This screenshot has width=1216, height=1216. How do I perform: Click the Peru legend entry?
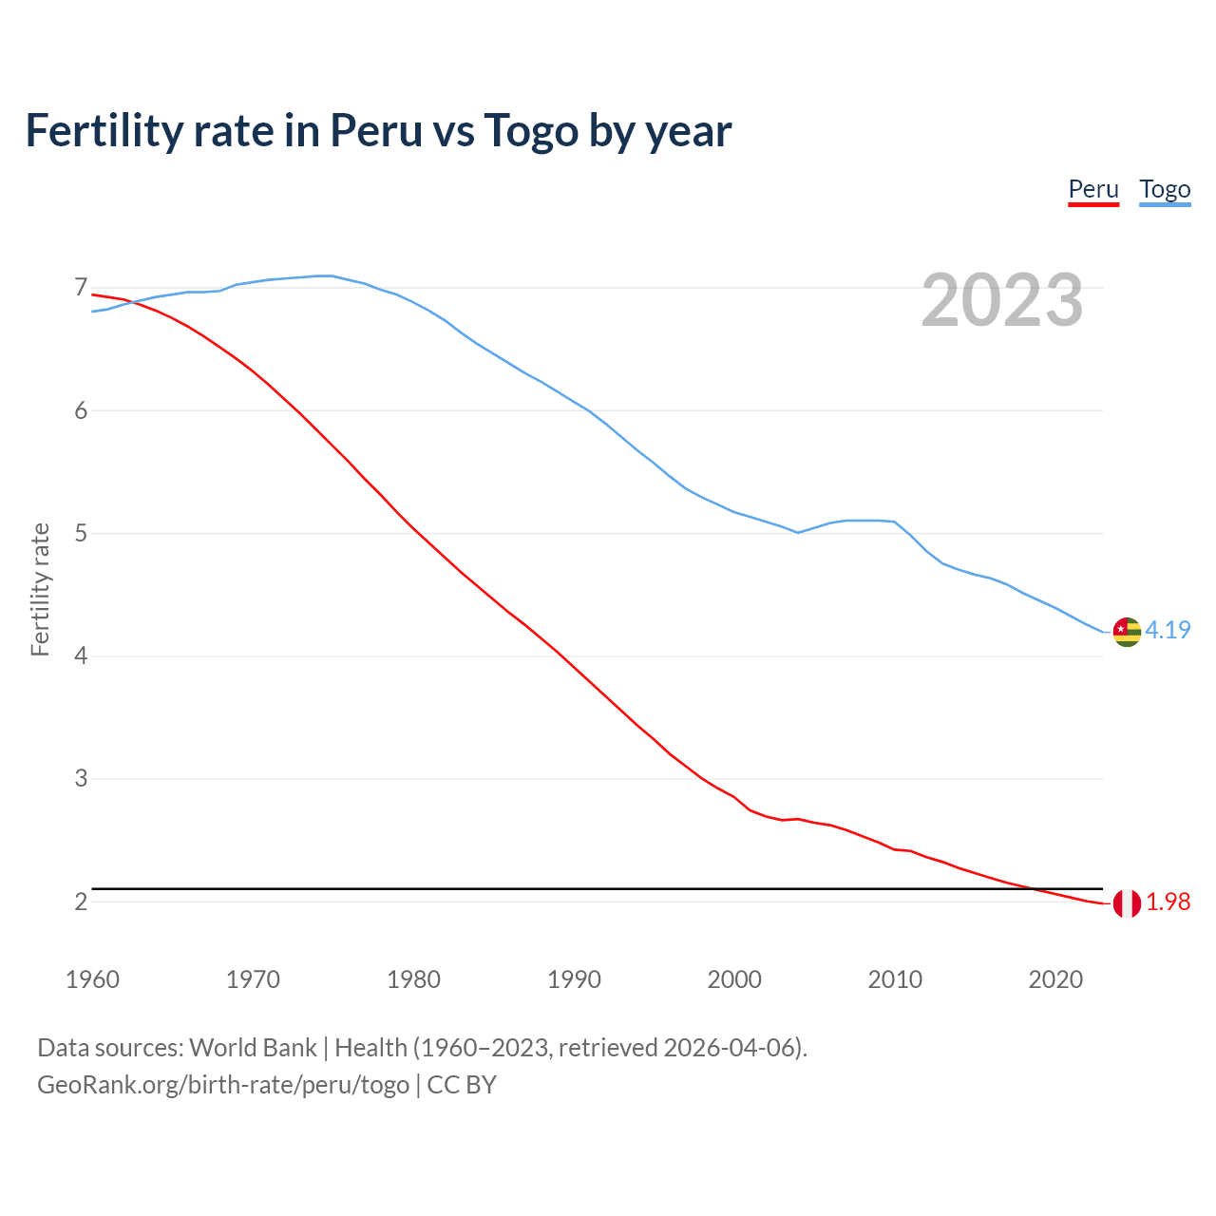tap(1093, 189)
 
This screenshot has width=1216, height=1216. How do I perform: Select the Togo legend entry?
tap(1165, 189)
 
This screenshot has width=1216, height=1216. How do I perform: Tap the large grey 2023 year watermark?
tap(1002, 300)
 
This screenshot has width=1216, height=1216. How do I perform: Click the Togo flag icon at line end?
tap(1127, 632)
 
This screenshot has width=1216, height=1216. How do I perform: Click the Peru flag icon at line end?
tap(1127, 903)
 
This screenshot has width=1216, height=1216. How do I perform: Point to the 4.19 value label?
tap(1168, 630)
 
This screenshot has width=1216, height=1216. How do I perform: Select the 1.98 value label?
tap(1168, 902)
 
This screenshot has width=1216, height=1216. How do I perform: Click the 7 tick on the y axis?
tap(81, 287)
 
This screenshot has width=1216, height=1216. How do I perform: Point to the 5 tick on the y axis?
tap(81, 533)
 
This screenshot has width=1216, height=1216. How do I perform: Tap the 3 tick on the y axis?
tap(81, 779)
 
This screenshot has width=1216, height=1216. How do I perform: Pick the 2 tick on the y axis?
tap(81, 902)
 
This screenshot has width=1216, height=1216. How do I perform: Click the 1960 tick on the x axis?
tap(92, 979)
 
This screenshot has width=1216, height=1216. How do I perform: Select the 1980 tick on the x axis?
tap(413, 979)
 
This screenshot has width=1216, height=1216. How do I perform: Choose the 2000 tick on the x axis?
tap(734, 979)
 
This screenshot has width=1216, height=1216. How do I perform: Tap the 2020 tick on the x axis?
tap(1055, 979)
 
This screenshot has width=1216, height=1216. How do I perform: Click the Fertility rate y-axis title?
tap(40, 589)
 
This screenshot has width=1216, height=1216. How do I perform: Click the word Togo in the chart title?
tap(530, 130)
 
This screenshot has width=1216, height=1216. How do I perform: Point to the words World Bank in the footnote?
tap(253, 1048)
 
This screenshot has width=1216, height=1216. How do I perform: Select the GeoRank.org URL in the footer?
tap(223, 1085)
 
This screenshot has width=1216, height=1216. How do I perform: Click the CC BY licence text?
tap(462, 1085)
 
